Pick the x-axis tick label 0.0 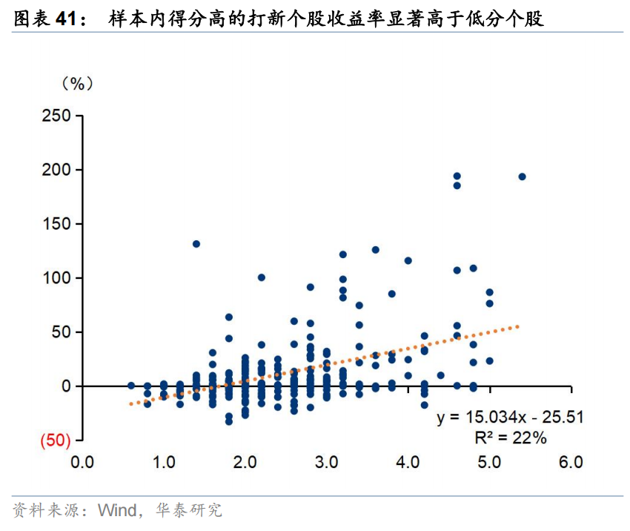82,461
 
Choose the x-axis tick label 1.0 163,461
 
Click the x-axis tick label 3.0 326,461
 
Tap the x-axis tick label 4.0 408,461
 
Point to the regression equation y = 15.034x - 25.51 511,418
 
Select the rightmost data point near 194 522,177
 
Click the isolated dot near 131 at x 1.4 196,244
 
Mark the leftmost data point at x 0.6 131,386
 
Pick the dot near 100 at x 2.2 262,277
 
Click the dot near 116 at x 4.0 408,260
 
